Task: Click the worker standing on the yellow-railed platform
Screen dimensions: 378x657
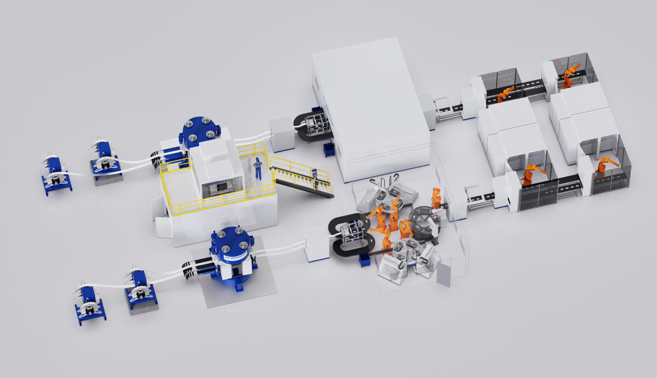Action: tap(257, 167)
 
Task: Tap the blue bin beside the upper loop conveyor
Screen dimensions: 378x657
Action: tap(329, 149)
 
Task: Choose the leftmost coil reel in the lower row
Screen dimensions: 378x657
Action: tap(89, 304)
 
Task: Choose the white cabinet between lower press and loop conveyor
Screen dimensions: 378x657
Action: tap(316, 243)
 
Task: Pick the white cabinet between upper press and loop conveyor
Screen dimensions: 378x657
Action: tap(282, 134)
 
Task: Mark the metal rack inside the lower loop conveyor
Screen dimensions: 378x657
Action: tap(351, 236)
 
